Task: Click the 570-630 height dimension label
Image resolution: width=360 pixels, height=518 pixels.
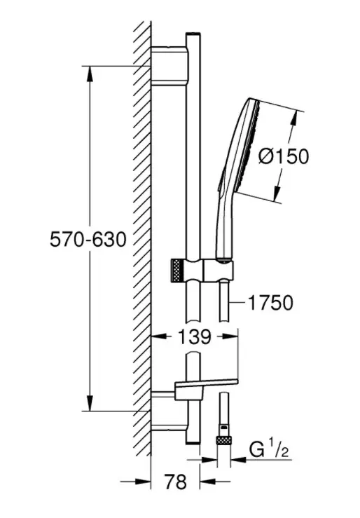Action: pos(88,239)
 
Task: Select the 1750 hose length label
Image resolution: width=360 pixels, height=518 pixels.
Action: pos(270,302)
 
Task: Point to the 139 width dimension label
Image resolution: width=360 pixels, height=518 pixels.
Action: pos(194,336)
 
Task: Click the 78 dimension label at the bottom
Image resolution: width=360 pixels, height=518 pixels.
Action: pos(175,482)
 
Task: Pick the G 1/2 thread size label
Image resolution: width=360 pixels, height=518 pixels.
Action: pos(269,449)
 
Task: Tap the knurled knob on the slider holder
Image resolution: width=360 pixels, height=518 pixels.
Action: pos(177,271)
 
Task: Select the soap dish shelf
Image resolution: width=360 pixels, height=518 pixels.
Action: pos(206,388)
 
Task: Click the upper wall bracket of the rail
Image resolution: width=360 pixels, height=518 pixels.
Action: pos(169,66)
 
